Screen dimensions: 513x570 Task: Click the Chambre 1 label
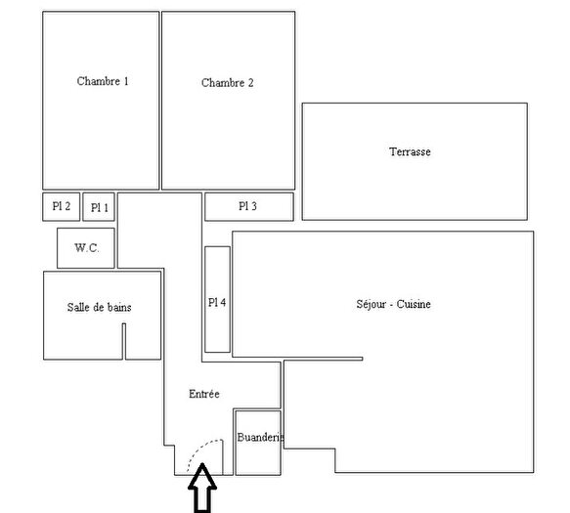[103, 81]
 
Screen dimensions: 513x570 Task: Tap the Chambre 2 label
[228, 83]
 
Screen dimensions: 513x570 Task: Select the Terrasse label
[410, 152]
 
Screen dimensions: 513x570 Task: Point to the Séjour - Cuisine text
[393, 304]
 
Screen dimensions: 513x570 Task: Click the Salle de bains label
[100, 307]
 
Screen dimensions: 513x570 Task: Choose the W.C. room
[86, 248]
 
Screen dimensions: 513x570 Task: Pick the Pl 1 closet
[99, 207]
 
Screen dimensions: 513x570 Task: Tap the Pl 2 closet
[61, 206]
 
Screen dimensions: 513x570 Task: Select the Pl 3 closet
[248, 206]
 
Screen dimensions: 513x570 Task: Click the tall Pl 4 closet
[217, 301]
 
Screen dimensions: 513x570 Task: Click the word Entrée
[204, 393]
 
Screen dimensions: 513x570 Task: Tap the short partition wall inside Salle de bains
[124, 341]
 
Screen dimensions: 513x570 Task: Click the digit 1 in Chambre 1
[126, 81]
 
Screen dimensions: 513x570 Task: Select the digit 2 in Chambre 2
[250, 83]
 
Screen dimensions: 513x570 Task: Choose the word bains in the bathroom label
[118, 307]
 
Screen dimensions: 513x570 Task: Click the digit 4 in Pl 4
[223, 302]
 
